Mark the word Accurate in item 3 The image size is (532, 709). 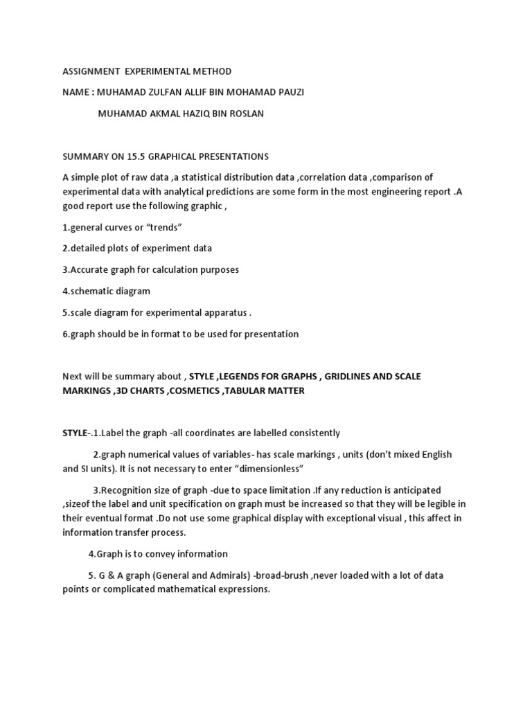click(92, 269)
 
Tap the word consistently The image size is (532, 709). click(312, 433)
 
